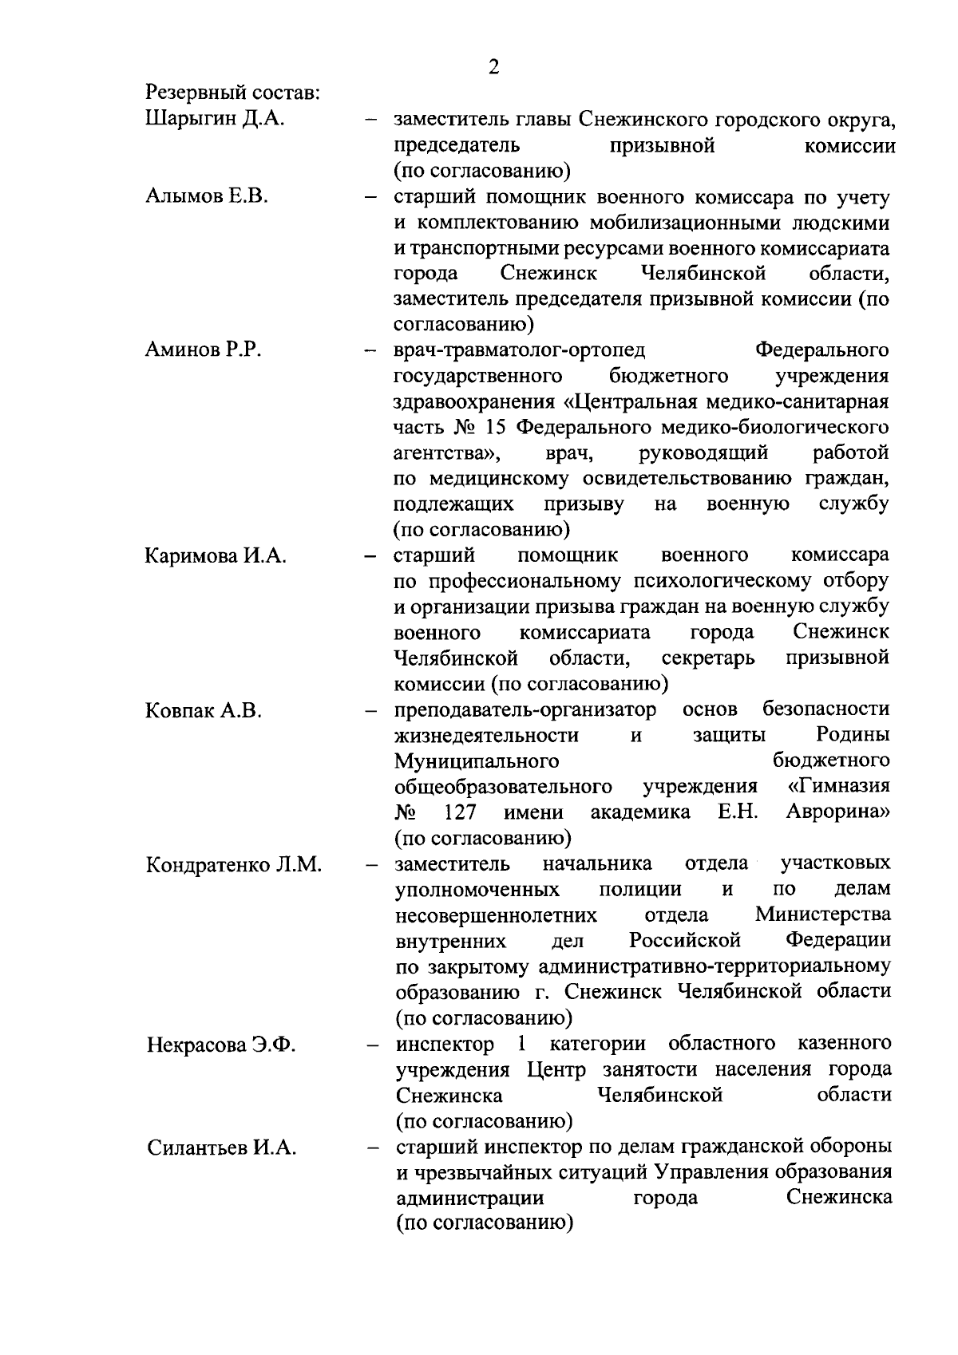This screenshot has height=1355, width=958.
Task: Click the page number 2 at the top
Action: (493, 67)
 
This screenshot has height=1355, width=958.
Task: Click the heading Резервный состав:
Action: (232, 93)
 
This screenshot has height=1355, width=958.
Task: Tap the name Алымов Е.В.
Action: (207, 196)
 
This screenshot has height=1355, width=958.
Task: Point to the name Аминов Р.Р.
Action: (204, 350)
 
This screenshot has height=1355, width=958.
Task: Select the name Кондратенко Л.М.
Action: (234, 865)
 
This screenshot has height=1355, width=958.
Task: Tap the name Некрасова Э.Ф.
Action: (221, 1045)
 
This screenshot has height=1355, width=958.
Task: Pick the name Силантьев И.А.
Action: (221, 1148)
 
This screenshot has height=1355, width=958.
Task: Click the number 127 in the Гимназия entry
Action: (460, 812)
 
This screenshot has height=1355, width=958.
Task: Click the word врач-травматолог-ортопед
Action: (520, 350)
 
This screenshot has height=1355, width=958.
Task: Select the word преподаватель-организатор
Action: (526, 709)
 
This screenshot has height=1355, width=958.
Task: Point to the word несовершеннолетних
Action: (496, 914)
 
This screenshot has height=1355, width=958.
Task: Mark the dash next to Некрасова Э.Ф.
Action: (371, 1045)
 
